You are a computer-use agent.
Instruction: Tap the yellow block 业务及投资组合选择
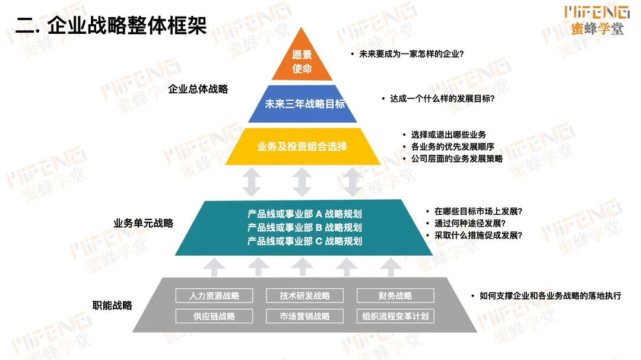302,146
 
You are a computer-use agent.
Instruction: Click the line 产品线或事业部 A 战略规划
304,214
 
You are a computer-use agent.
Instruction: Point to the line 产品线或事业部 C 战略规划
304,241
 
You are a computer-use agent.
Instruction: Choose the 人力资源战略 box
214,296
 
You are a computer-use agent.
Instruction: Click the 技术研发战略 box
304,296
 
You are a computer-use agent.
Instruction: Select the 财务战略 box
395,296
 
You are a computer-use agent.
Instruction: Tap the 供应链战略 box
214,316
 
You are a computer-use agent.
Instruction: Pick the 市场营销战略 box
304,316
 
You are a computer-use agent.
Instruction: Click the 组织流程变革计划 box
395,316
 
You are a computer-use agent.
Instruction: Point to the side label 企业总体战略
198,90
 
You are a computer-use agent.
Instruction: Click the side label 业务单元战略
144,224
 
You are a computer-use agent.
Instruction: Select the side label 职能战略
112,305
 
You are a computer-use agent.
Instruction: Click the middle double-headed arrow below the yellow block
302,182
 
